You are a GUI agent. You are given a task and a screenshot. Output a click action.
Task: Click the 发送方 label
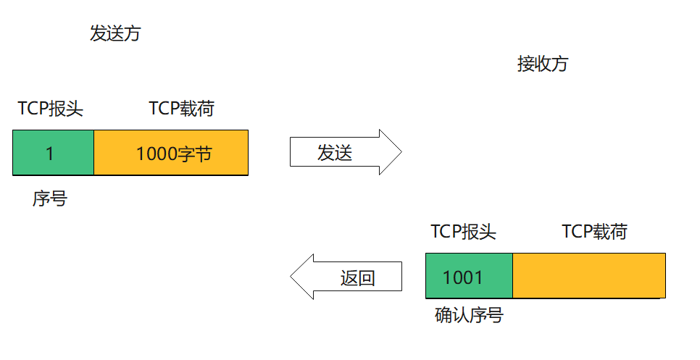coord(114,34)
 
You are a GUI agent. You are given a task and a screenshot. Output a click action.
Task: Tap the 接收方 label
coord(543,64)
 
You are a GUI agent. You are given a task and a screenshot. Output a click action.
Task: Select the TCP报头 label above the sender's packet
coord(51,109)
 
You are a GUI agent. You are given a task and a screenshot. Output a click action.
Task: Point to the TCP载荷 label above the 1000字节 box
coord(182,109)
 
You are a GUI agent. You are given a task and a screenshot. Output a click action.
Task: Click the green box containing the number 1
coord(53,153)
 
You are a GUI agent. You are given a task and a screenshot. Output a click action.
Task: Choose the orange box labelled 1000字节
coord(171,153)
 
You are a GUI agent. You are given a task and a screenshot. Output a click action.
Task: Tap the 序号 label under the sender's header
coord(49,198)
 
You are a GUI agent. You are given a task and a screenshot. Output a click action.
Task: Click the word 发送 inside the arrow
coord(335,153)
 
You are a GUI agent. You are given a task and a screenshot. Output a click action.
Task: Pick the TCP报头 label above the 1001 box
coord(464,232)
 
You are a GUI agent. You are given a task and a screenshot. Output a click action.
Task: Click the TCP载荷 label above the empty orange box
coord(595,232)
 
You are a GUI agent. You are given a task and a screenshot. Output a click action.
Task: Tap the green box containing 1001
coord(469,276)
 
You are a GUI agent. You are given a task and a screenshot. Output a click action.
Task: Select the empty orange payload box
coord(588,276)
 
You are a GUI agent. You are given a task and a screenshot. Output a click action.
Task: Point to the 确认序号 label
coord(469,315)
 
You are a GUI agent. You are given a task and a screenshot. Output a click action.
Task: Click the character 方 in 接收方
coord(560,64)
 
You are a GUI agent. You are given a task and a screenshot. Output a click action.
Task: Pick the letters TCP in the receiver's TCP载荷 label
coord(577,232)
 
